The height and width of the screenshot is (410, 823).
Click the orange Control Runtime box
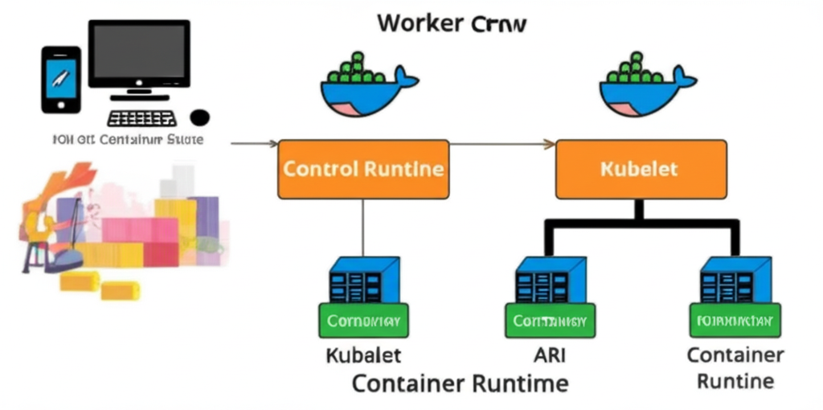[363, 170]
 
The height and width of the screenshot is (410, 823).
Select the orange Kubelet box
[641, 170]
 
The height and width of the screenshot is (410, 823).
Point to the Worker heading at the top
[452, 23]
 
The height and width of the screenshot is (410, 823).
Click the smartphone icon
[60, 79]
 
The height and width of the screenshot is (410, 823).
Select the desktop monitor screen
[139, 53]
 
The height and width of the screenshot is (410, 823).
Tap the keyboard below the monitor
[142, 118]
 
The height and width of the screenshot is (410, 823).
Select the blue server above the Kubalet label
[363, 280]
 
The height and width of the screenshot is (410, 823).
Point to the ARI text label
[549, 354]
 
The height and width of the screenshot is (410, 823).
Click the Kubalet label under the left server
[363, 355]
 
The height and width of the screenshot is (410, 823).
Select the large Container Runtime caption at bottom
[460, 383]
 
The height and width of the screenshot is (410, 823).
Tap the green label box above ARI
[549, 321]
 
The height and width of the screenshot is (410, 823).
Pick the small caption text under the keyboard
[127, 139]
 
